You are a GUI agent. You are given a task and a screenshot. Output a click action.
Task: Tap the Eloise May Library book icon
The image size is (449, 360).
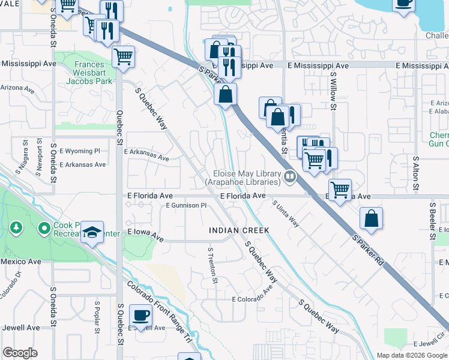290,176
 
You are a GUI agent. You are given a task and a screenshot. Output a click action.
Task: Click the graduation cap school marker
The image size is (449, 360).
92,232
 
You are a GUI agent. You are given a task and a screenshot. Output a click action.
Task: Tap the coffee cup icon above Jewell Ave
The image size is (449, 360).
140,314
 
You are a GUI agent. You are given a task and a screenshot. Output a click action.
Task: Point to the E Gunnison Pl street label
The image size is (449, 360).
186,205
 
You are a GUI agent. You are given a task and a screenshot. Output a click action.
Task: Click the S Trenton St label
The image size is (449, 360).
212,265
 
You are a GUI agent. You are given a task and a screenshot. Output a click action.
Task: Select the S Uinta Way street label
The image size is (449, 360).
286,213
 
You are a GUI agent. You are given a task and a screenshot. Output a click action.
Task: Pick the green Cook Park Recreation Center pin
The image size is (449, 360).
44,229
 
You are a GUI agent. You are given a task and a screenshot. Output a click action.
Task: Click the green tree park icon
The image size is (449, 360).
16,228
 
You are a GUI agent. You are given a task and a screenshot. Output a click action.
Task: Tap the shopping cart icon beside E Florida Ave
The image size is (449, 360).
340,190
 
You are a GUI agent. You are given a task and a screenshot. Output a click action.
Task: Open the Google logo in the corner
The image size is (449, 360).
20,353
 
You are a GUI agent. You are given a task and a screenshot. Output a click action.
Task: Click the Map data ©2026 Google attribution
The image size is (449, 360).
411,355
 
